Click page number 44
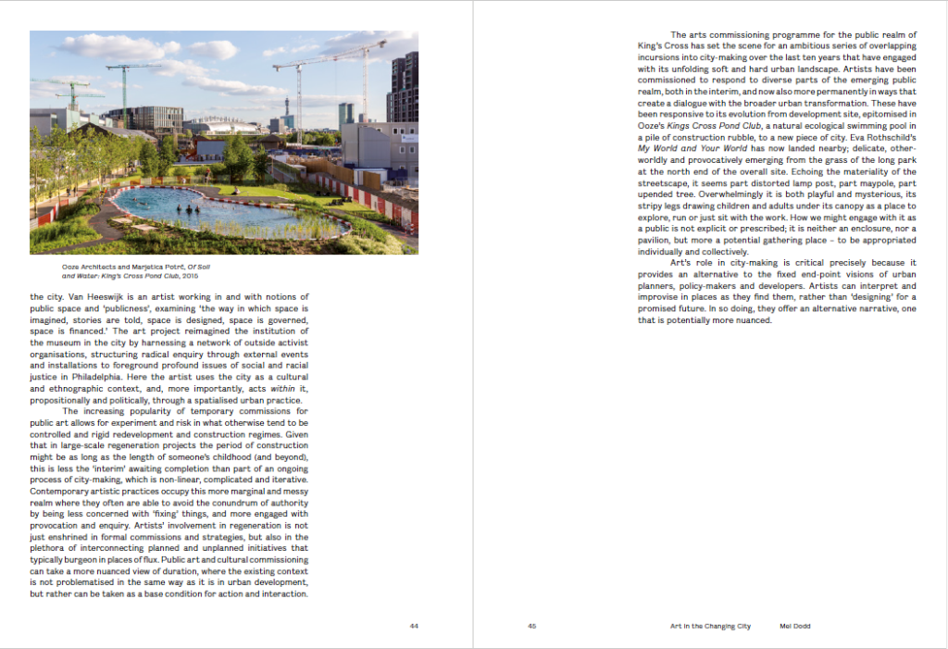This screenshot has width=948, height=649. [x=414, y=626]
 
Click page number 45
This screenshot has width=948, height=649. [x=532, y=626]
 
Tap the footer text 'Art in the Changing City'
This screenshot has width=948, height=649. [x=710, y=626]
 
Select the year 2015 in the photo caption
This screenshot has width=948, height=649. [x=189, y=276]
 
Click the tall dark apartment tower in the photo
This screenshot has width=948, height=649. [x=403, y=87]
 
